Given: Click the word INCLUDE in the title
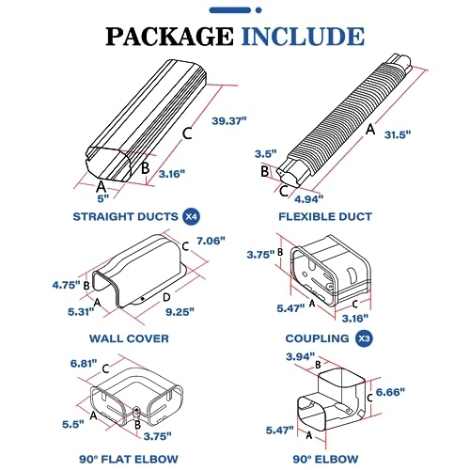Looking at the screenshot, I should [303, 37].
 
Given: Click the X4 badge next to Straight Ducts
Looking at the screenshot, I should [191, 216].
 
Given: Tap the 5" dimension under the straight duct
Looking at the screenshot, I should [103, 198].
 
